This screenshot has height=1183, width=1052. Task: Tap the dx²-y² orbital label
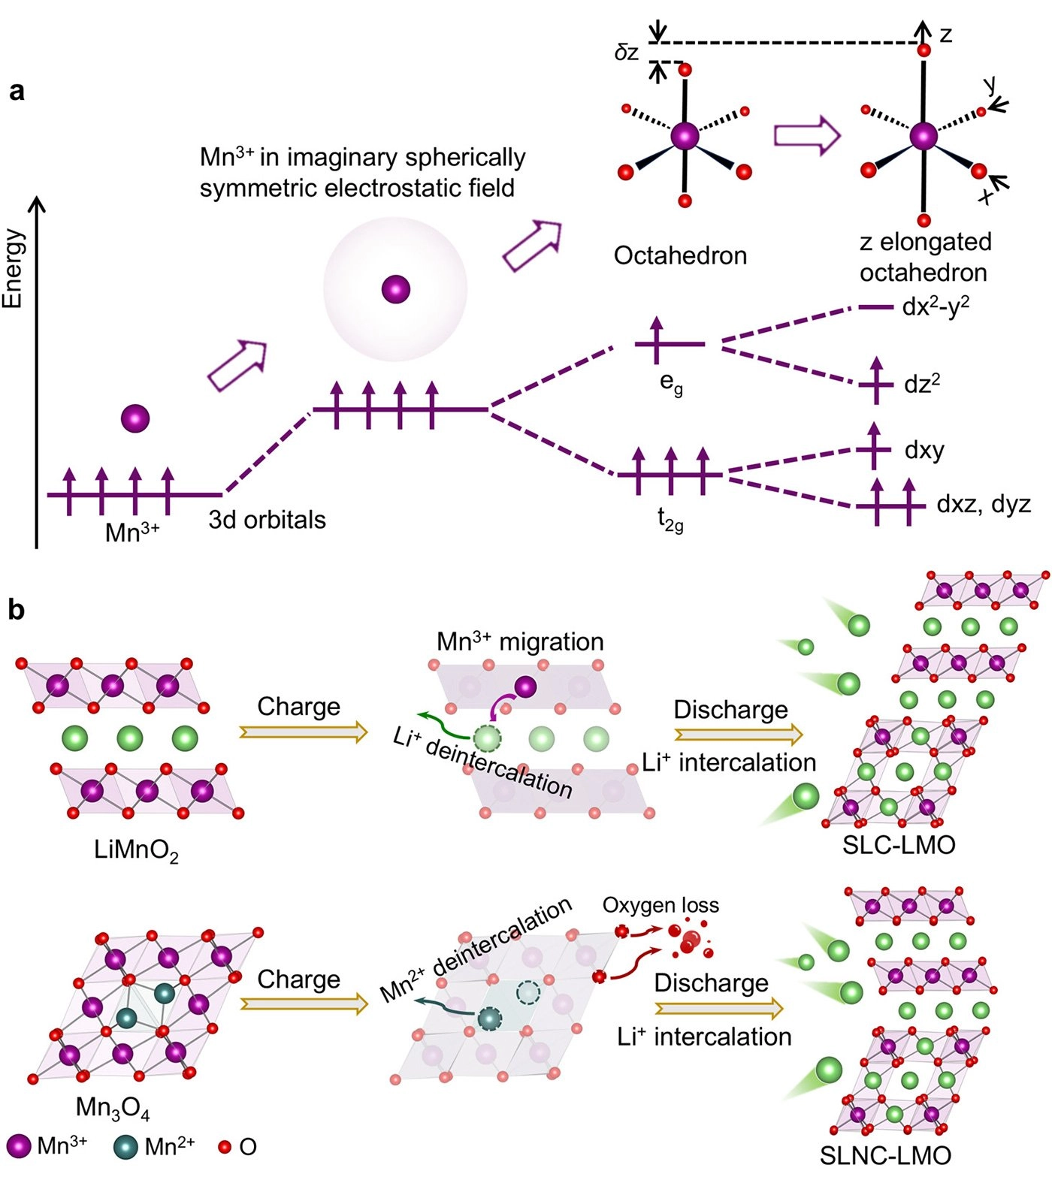(x=936, y=306)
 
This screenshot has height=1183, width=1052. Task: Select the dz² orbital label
(x=922, y=384)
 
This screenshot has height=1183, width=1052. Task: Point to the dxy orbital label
(x=924, y=450)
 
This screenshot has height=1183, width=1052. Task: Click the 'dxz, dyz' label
(x=984, y=504)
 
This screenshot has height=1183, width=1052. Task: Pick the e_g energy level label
(x=671, y=383)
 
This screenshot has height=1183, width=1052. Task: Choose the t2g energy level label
(x=670, y=519)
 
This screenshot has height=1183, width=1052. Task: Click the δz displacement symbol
(x=627, y=53)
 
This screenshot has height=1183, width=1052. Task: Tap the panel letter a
(x=17, y=92)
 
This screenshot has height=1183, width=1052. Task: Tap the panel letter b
(x=17, y=610)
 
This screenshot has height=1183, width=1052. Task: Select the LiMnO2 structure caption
(x=136, y=851)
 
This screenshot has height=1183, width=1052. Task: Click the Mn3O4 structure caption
(x=113, y=1109)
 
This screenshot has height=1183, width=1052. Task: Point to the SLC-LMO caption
(x=899, y=845)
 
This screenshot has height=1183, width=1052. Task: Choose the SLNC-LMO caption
(x=885, y=1155)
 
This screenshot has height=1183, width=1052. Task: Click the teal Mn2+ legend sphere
(x=126, y=1147)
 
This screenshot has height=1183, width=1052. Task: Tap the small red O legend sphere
(x=224, y=1147)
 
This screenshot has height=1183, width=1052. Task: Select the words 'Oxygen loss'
(x=661, y=905)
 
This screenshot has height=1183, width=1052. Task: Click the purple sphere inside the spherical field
(x=396, y=288)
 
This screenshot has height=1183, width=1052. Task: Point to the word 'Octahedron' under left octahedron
(x=680, y=255)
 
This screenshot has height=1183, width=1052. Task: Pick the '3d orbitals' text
(x=268, y=520)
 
